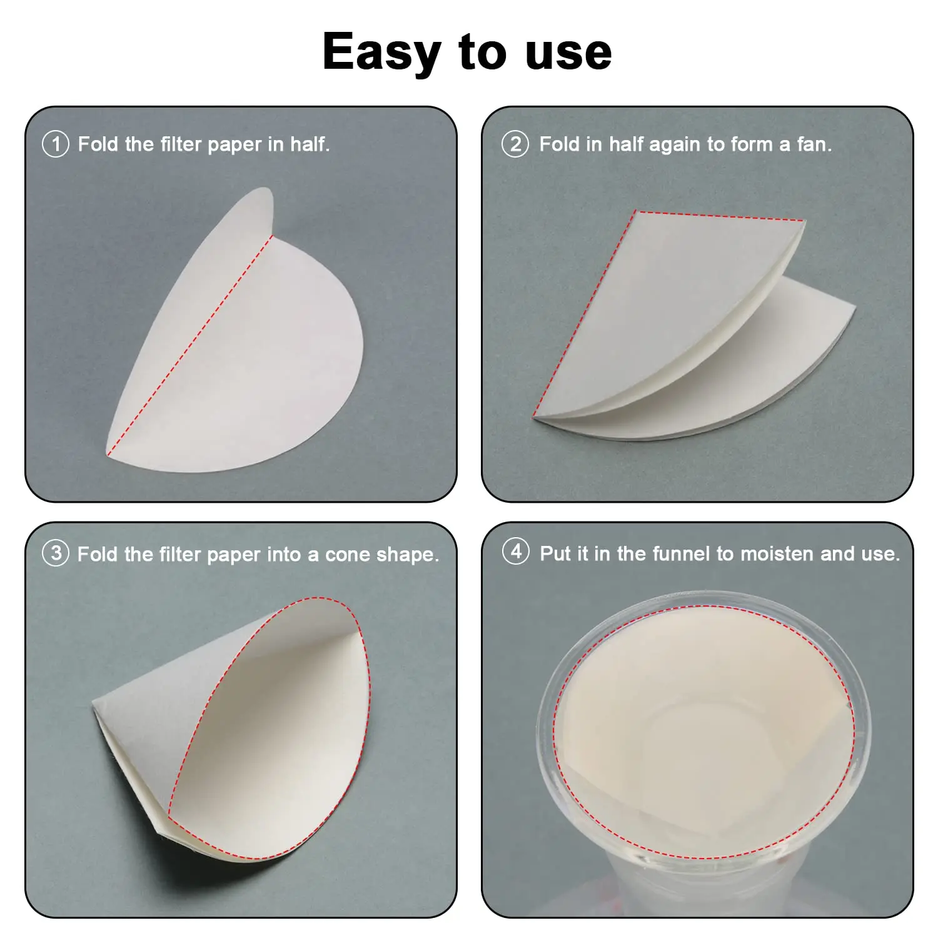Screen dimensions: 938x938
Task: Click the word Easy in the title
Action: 381,53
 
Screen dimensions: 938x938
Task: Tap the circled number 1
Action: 55,144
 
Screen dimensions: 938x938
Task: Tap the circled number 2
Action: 515,144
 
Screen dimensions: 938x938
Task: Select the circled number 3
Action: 55,553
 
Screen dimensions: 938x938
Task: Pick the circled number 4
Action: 515,552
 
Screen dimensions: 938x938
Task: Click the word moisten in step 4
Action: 775,554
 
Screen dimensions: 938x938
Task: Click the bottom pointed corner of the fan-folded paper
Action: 533,416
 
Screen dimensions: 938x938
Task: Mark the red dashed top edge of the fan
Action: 719,216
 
